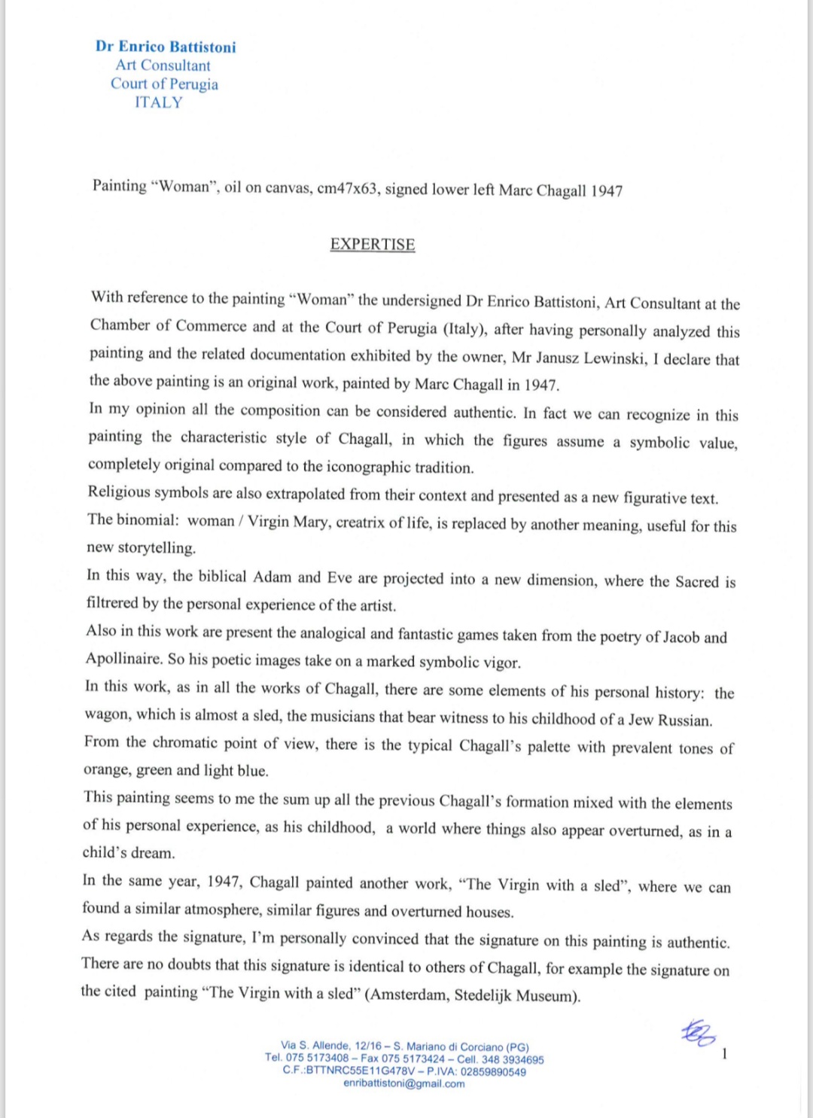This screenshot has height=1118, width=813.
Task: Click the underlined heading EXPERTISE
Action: [373, 245]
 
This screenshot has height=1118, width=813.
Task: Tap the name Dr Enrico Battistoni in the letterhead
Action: [166, 47]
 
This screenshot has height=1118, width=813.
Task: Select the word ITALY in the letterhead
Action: [159, 102]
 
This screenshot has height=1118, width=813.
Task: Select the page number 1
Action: [724, 1054]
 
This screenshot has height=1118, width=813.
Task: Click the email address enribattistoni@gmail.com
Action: [404, 1083]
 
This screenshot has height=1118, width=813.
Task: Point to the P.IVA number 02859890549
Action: [493, 1071]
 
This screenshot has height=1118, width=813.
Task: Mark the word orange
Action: [105, 769]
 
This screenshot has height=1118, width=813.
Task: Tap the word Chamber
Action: [120, 325]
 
